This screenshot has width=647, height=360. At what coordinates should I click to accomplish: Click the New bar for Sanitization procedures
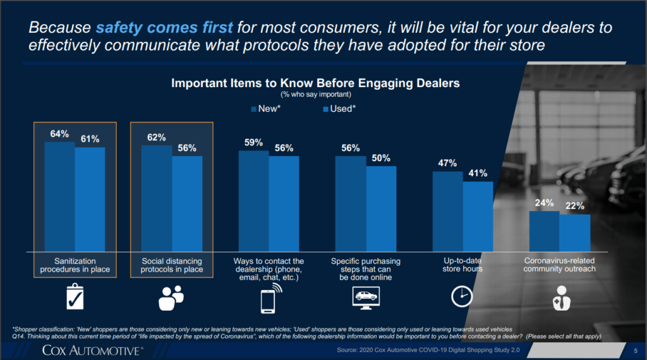click(x=59, y=196)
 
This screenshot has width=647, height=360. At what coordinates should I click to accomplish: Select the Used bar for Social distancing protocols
click(x=187, y=203)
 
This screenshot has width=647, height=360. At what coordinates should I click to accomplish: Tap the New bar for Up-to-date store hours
click(x=447, y=211)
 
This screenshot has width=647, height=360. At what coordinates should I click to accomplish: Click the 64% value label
click(x=59, y=134)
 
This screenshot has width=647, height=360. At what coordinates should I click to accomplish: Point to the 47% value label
click(x=447, y=163)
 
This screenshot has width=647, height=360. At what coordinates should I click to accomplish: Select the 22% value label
click(x=575, y=206)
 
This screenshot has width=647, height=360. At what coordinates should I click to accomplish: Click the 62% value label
click(x=157, y=137)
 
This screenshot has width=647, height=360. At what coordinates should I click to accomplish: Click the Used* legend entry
click(x=339, y=109)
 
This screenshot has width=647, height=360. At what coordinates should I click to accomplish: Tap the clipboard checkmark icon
click(x=75, y=297)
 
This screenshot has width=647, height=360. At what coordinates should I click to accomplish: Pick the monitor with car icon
click(x=365, y=296)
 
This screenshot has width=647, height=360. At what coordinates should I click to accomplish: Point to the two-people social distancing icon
click(x=171, y=297)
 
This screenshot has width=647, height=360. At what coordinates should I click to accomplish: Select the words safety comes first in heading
click(x=164, y=28)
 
